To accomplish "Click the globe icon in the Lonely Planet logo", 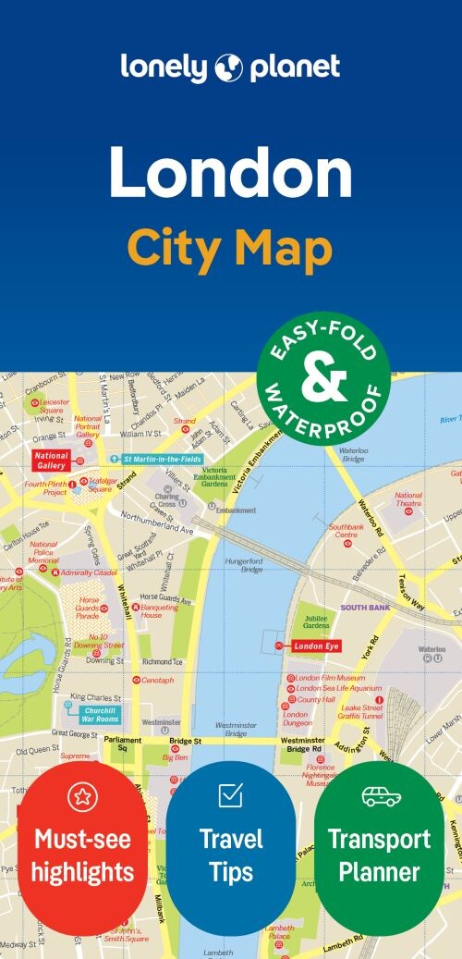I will click(228, 68).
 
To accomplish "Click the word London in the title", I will click(230, 172).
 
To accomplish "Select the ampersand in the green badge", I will click(324, 377).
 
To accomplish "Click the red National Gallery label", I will click(51, 460).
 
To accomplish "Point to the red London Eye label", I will click(317, 645).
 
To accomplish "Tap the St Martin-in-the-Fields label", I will click(156, 459).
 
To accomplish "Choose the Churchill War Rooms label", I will click(100, 713).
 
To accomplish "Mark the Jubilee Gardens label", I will click(316, 621).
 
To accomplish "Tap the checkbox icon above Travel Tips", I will click(230, 794).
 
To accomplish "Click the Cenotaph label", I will click(157, 680).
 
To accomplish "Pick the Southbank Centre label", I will click(346, 531).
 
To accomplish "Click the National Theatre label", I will click(408, 499).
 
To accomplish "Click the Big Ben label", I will click(175, 757).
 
